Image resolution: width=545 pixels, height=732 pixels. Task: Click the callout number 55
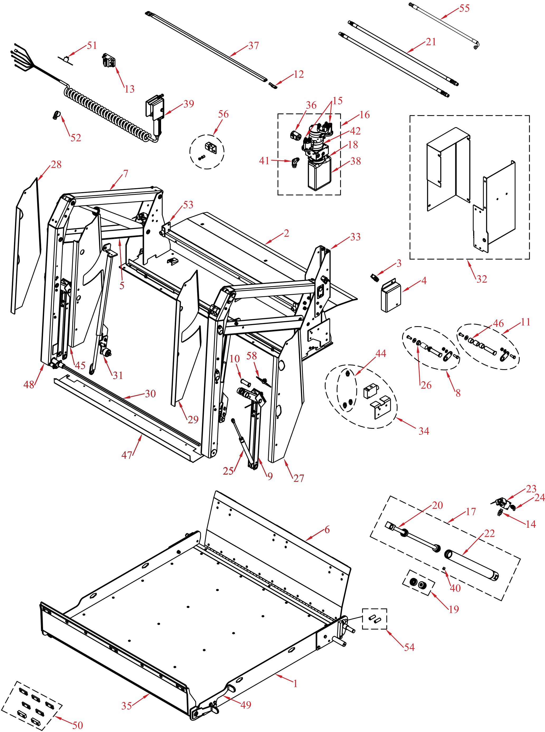tap(464, 8)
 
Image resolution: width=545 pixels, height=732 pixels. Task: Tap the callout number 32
tap(481, 279)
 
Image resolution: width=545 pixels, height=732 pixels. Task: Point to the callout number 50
tap(78, 725)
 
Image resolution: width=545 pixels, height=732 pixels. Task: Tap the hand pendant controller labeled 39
tap(155, 109)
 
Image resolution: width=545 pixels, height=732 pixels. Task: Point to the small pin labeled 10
tap(246, 383)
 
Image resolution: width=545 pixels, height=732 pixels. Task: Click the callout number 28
tap(56, 165)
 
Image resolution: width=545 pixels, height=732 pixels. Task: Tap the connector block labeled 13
tap(109, 61)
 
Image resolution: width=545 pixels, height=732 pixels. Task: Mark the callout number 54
tap(409, 647)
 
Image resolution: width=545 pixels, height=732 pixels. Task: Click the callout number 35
tap(126, 706)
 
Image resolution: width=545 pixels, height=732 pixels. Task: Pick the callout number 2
tap(286, 233)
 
